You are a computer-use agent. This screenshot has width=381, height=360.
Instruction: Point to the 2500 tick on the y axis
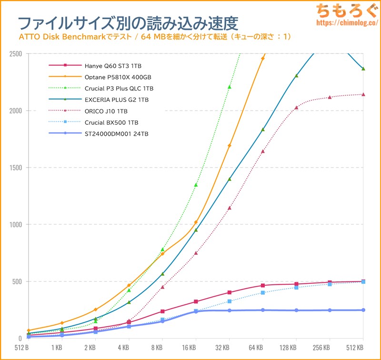[15, 54]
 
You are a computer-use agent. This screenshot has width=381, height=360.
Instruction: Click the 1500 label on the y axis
[15, 168]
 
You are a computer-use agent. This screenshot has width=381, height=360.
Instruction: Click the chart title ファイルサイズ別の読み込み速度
[128, 22]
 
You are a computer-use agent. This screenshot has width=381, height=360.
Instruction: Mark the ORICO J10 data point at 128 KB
[296, 108]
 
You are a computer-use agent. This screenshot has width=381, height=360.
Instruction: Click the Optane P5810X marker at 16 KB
[196, 222]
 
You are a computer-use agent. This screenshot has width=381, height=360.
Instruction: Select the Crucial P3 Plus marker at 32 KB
[229, 87]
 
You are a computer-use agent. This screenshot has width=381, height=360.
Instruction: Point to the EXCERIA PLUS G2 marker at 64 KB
[263, 130]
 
